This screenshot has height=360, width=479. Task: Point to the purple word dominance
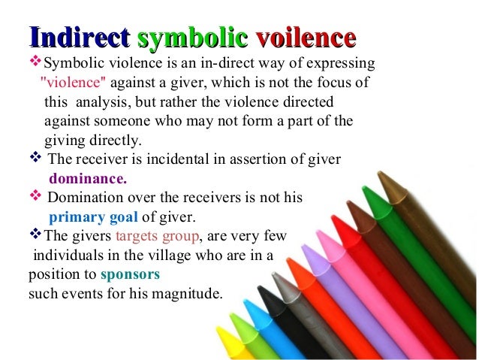click(x=88, y=179)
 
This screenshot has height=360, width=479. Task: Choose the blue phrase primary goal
click(x=94, y=219)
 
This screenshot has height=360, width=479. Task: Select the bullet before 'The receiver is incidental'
click(x=35, y=159)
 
